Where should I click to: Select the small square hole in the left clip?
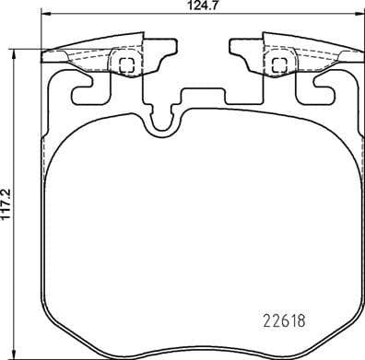tap(127, 64)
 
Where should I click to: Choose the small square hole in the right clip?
tap(277, 64)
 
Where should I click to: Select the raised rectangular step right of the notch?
tap(205, 95)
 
